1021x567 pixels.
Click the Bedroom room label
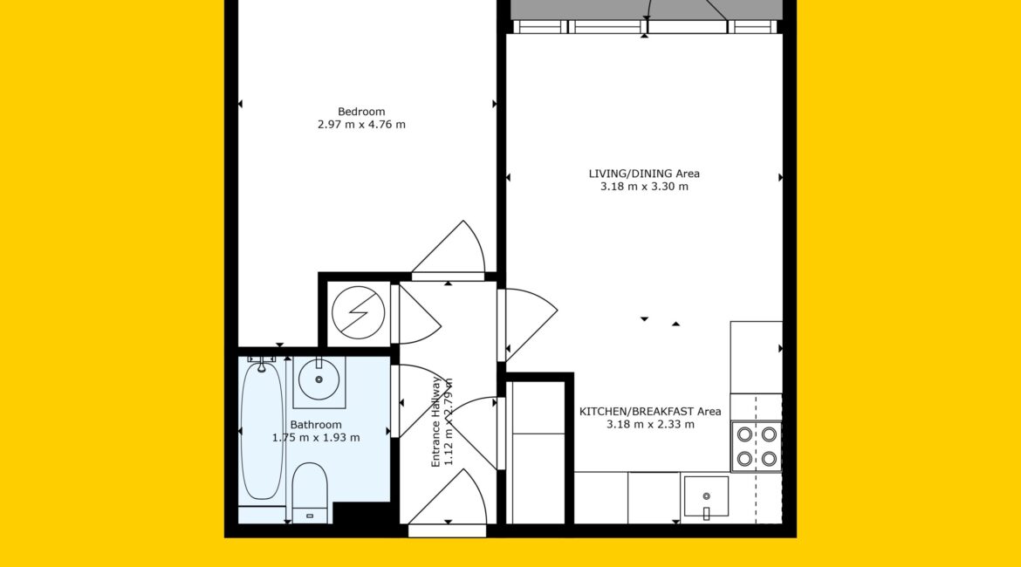coord(360,112)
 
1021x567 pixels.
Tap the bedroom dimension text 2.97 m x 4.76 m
coord(361,125)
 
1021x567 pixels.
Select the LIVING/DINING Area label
coord(644,174)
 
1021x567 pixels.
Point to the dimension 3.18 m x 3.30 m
coord(644,186)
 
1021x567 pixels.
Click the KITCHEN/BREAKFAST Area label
coord(650,412)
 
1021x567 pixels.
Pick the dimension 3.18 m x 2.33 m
coord(650,425)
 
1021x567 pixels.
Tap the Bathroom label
coord(316,425)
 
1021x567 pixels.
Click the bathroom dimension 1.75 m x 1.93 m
coord(316,437)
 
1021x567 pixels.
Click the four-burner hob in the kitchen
coord(757,447)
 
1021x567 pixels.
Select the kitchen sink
coord(706,496)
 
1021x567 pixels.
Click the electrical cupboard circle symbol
coord(358,312)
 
